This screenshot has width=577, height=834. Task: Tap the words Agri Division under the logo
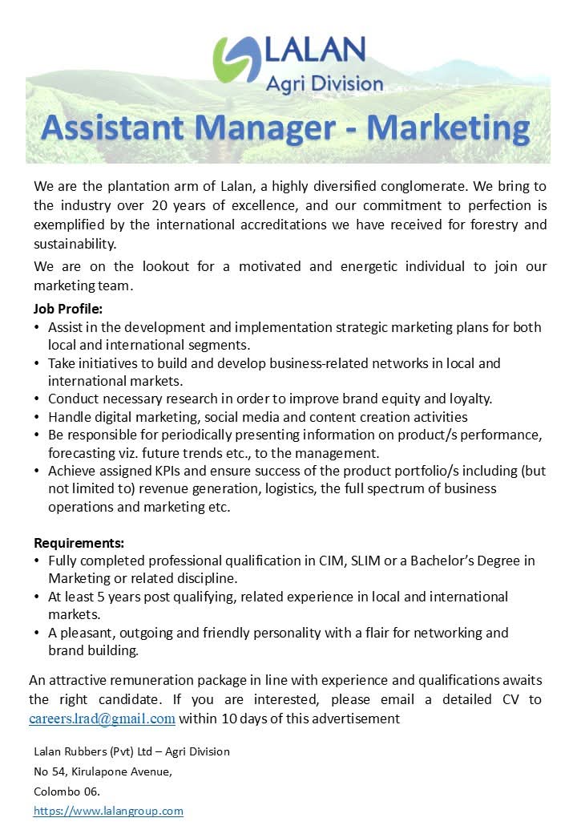325,83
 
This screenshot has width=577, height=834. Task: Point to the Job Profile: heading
68,309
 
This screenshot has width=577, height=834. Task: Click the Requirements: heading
79,543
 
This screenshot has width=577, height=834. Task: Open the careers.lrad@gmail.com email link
102,719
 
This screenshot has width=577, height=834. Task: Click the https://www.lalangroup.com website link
108,811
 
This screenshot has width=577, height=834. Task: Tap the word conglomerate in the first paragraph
411,186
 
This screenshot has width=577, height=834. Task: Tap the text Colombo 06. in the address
67,791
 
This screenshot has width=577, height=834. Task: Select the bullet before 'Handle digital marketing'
37,417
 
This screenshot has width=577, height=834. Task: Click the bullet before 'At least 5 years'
37,597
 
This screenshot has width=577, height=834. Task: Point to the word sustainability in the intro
75,244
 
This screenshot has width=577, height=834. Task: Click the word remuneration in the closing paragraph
145,680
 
